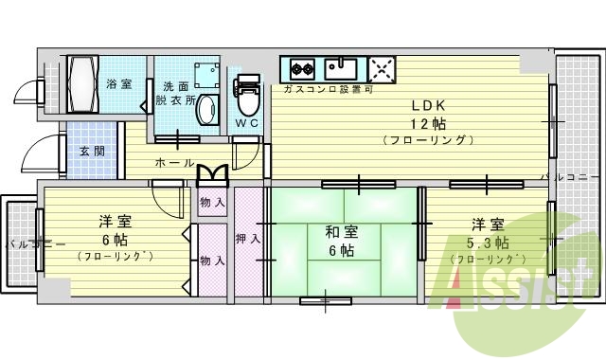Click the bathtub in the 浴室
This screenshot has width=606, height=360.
coord(83,83)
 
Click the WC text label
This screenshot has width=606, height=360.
coord(246,124)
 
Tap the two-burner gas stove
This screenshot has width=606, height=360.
coord(301,69)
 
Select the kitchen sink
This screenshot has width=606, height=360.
coord(341,68)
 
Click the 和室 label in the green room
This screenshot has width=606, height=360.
coord(342,231)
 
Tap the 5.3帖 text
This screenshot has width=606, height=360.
coord(489,243)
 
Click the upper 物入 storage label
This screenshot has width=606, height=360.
coord(212,202)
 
